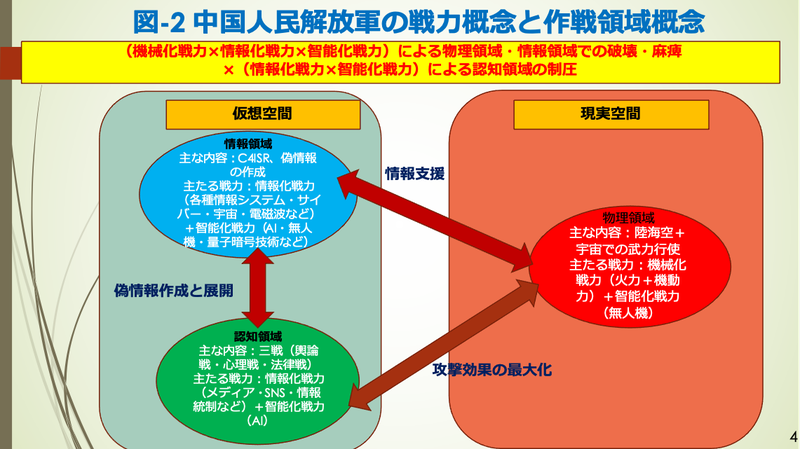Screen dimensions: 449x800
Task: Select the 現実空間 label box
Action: point(598,116)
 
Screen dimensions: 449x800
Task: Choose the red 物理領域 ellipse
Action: point(627,265)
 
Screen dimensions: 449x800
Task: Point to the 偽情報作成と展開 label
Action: point(173,291)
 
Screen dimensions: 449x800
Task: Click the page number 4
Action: point(791,436)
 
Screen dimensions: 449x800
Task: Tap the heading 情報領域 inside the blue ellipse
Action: point(245,142)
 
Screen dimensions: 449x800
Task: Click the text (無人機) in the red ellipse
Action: point(627,313)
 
